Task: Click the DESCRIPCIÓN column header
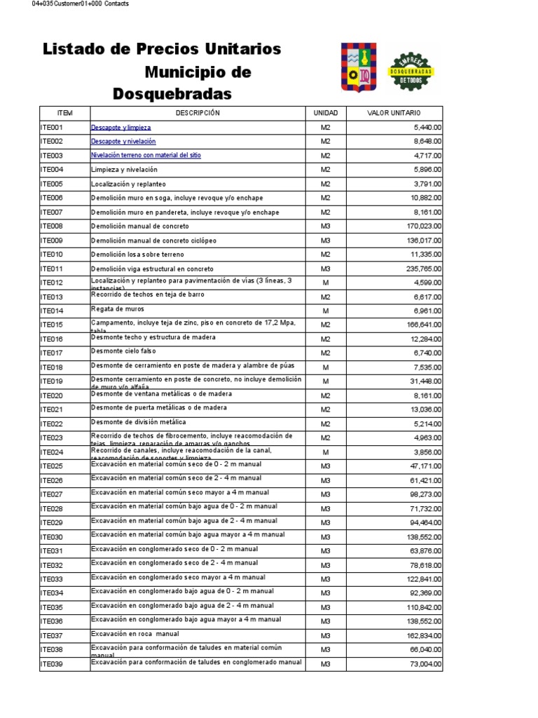coord(198,113)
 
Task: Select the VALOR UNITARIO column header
coord(394,113)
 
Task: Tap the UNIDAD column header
coord(325,113)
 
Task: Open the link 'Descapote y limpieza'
coord(120,128)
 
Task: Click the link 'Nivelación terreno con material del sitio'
coord(146,156)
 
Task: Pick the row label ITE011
coord(52,269)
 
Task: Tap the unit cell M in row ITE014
coord(325,311)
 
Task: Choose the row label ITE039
coord(52,664)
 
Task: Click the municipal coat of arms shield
coord(357,67)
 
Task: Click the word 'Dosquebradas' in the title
coord(172,94)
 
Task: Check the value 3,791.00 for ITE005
coord(424,184)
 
